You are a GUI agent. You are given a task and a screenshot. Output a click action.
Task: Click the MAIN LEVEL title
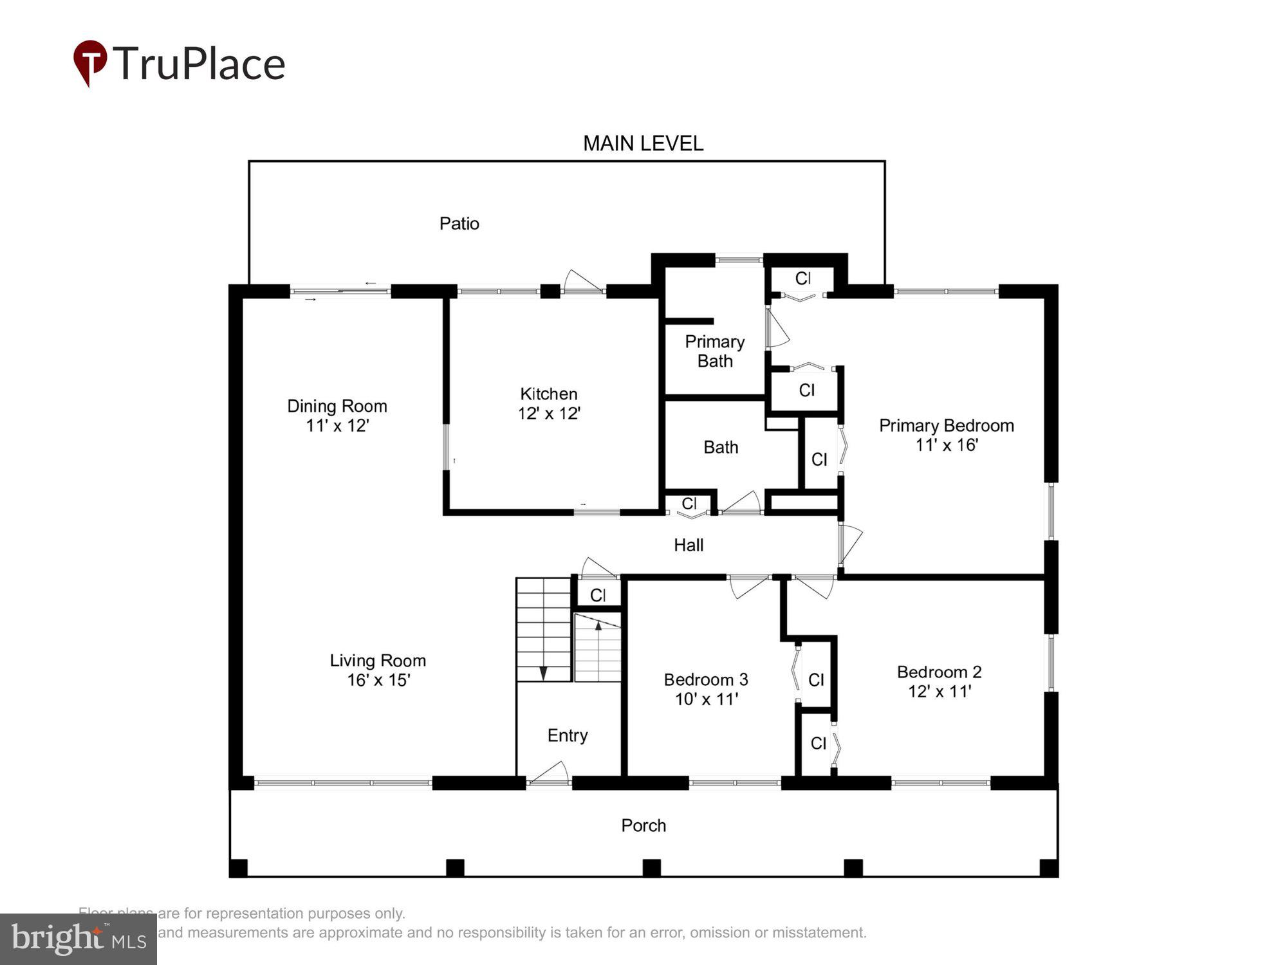click(x=643, y=143)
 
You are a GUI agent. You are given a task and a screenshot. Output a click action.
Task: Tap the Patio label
click(x=459, y=223)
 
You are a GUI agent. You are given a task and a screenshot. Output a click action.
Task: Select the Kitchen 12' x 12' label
click(x=549, y=403)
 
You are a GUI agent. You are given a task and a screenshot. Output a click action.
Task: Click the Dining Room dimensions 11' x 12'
click(x=337, y=425)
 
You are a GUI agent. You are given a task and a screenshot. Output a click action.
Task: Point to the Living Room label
click(x=378, y=661)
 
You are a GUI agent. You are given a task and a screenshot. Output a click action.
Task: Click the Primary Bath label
click(x=714, y=351)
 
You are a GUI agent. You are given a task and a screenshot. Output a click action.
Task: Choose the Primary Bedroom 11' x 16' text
click(x=946, y=435)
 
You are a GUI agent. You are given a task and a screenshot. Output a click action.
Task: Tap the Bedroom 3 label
click(x=705, y=679)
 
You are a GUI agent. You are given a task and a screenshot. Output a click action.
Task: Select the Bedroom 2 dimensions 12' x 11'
click(x=939, y=691)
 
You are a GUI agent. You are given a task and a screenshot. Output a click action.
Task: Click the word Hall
click(x=688, y=545)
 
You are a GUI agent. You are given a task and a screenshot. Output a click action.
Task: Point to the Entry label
click(x=567, y=735)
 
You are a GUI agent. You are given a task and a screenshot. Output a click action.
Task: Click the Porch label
click(x=643, y=825)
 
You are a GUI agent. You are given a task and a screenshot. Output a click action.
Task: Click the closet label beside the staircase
click(x=598, y=595)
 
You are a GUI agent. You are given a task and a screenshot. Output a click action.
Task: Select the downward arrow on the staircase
click(x=543, y=673)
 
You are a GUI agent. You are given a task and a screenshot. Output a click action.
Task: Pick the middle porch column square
click(x=651, y=868)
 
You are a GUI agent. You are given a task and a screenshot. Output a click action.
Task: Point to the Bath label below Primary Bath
click(x=720, y=447)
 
